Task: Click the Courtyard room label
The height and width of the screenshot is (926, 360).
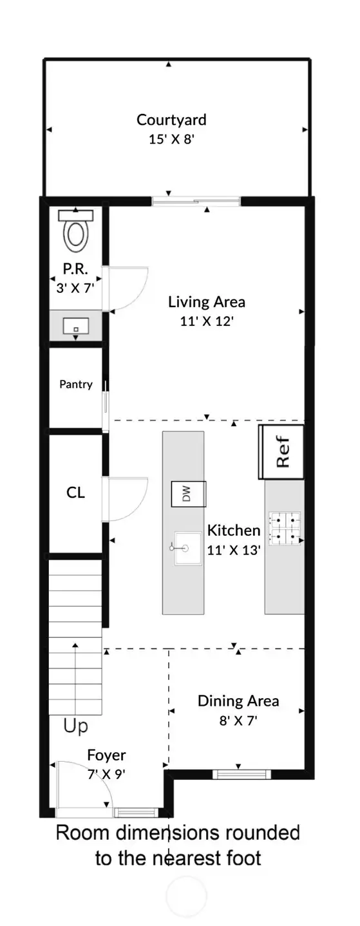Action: (x=171, y=120)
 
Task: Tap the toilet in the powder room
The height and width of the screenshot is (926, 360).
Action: (x=76, y=231)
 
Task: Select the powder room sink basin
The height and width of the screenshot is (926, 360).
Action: (x=75, y=326)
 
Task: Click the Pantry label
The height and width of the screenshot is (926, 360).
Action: (x=75, y=384)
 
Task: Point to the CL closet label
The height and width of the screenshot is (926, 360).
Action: (x=75, y=493)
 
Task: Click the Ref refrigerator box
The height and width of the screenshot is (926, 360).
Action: (x=281, y=451)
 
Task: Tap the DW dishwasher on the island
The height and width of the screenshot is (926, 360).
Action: (x=189, y=494)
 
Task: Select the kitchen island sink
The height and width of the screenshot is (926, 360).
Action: (x=187, y=548)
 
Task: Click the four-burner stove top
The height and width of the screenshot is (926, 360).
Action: (x=285, y=528)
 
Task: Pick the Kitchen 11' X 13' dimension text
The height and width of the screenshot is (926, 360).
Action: (x=234, y=550)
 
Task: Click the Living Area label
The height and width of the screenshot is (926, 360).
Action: (x=206, y=302)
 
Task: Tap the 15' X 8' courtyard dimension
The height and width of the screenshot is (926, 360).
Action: (x=171, y=139)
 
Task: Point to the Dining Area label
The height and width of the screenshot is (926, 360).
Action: (x=238, y=701)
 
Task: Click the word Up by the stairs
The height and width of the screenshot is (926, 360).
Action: (x=75, y=726)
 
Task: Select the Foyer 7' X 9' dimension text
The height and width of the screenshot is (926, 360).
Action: (x=106, y=774)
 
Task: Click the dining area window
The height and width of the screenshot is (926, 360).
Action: (x=242, y=774)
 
